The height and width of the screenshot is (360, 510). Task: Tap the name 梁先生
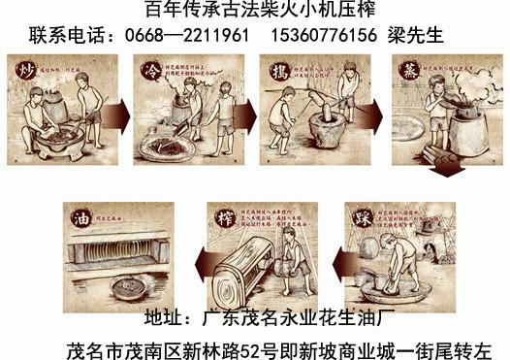coord(417,36)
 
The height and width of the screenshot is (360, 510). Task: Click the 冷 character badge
coord(150,73)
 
